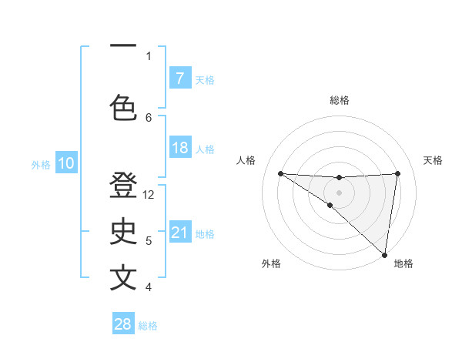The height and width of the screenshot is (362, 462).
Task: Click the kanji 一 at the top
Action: (x=123, y=45)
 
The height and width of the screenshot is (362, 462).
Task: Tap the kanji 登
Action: (x=123, y=187)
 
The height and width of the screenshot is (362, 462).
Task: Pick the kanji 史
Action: (x=123, y=233)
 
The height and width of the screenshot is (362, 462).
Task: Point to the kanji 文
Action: (x=123, y=278)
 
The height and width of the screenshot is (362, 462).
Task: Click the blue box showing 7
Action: (x=179, y=79)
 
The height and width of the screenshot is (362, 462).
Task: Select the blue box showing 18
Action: (x=179, y=148)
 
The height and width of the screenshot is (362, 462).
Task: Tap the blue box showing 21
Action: (x=179, y=233)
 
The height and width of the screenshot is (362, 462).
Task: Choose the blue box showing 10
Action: (x=65, y=163)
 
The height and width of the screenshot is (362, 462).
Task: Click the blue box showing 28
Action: (x=123, y=324)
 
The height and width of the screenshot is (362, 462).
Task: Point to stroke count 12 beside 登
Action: (x=149, y=195)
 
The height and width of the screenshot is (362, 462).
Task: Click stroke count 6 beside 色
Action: (x=149, y=117)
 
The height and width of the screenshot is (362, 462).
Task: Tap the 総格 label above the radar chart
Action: (x=340, y=100)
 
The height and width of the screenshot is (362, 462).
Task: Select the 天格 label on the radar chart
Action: (x=434, y=160)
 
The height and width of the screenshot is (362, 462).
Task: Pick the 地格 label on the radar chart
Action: (x=403, y=264)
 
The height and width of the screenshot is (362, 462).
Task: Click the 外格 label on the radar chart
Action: (x=271, y=264)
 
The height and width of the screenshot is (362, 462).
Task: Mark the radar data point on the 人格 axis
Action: (x=280, y=173)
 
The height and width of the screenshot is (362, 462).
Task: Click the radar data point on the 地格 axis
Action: (x=384, y=254)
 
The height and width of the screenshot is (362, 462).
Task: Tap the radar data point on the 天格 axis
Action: (x=398, y=173)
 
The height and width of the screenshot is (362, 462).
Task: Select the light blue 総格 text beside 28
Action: (x=148, y=326)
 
